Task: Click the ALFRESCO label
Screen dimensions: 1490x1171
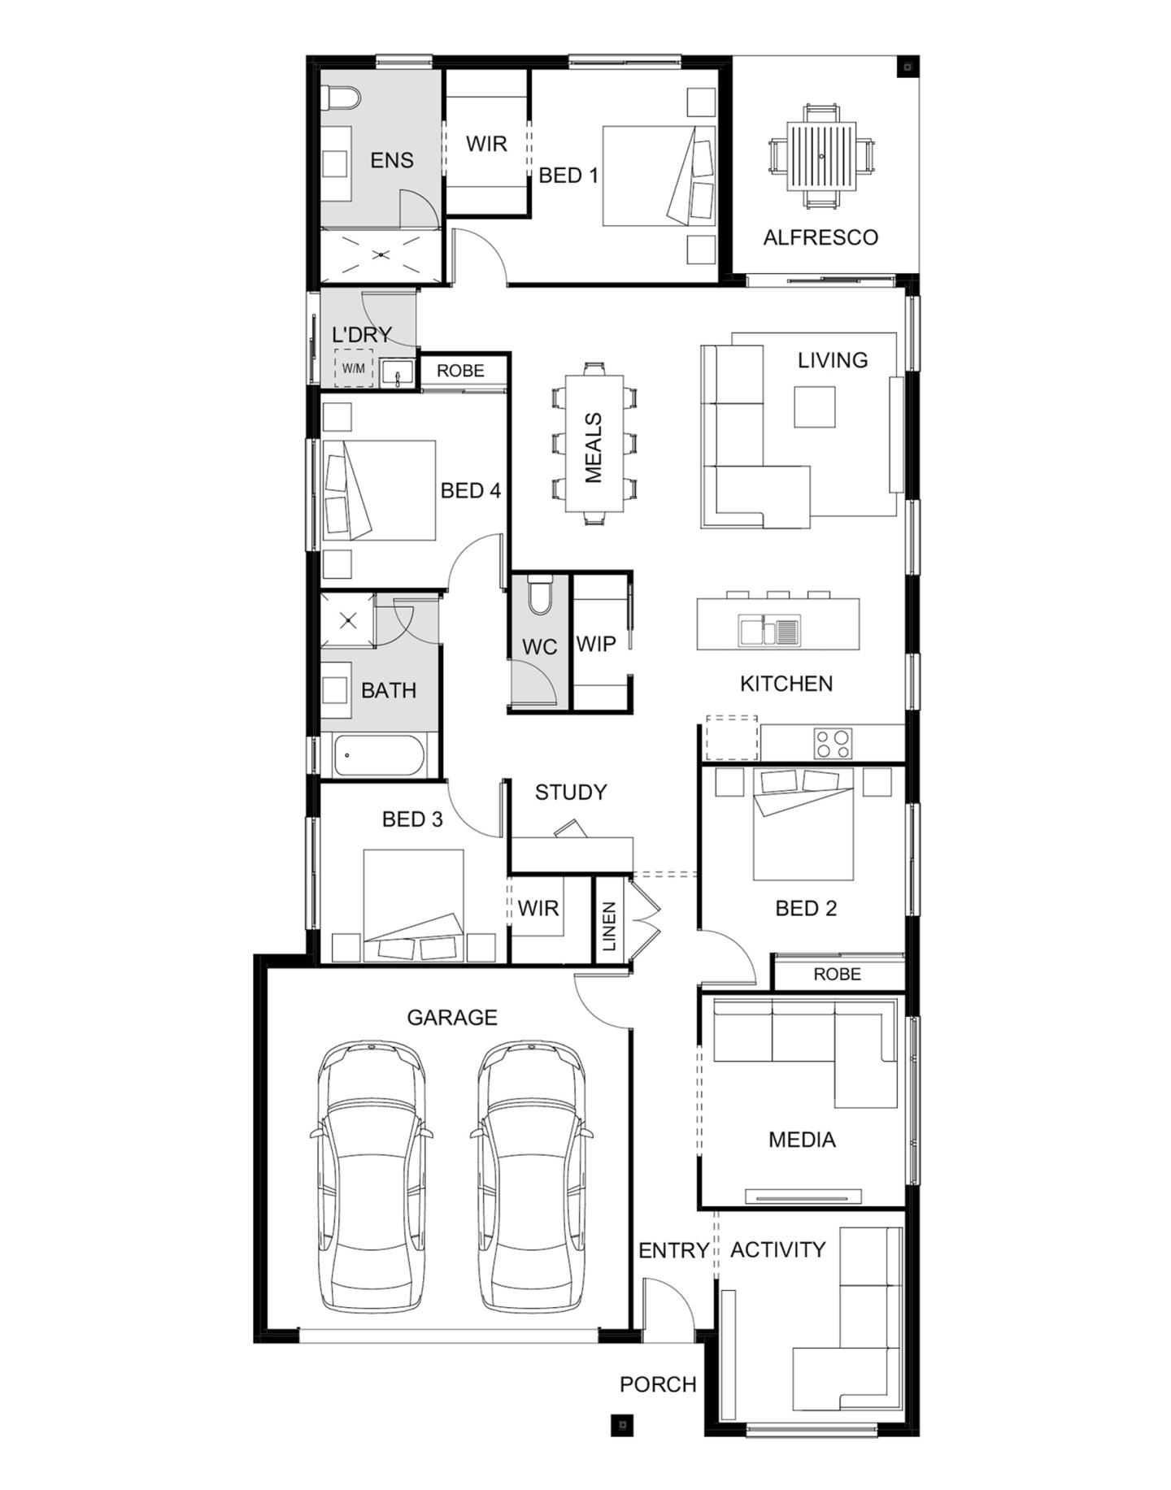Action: point(820,237)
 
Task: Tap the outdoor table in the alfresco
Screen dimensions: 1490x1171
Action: point(821,156)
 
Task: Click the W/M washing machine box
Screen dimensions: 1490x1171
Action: point(353,368)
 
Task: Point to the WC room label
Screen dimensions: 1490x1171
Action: point(539,647)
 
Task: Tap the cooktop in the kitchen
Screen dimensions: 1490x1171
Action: point(833,742)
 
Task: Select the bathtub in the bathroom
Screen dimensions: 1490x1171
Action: point(379,756)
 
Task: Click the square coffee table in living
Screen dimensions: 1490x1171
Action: point(814,406)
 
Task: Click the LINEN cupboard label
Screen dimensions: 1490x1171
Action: point(609,926)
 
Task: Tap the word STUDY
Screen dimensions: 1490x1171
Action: point(570,792)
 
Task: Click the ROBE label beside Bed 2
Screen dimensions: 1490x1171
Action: point(837,974)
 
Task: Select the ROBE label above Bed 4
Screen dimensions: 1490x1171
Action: point(460,371)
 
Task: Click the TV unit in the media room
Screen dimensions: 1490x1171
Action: point(803,1196)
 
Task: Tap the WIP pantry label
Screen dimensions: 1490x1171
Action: point(596,644)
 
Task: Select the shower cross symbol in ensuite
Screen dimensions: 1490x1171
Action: point(381,254)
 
